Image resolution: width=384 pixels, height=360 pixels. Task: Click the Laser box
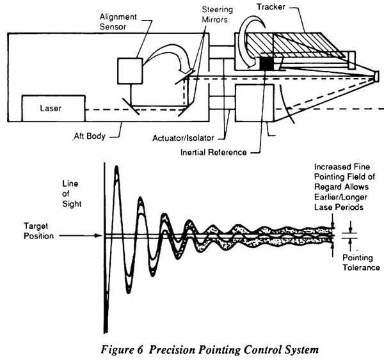[x=53, y=108]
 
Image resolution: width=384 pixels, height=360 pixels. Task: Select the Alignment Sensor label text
[x=118, y=22]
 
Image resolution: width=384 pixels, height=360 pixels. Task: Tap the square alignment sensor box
[x=130, y=71]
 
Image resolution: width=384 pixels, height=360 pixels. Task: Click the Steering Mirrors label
[x=217, y=15]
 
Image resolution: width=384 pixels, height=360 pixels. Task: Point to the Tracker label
[x=271, y=7]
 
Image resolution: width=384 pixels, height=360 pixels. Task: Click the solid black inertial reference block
[x=266, y=63]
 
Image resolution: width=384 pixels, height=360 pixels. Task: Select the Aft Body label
[x=90, y=136]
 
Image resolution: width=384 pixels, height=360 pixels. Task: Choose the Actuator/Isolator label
[x=183, y=138]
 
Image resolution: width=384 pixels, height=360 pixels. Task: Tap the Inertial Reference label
[x=214, y=152]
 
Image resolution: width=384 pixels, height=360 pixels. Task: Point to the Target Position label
[x=38, y=231]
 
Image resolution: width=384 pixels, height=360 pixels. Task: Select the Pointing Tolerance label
[x=361, y=262]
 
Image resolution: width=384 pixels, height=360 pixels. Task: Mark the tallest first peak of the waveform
[x=116, y=168]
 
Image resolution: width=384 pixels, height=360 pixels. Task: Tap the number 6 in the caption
[x=140, y=349]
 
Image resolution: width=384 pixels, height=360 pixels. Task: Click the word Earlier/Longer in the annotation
[x=340, y=197]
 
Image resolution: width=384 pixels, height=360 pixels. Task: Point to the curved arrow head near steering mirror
[x=184, y=68]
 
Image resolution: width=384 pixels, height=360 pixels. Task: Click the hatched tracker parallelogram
[x=294, y=45]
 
